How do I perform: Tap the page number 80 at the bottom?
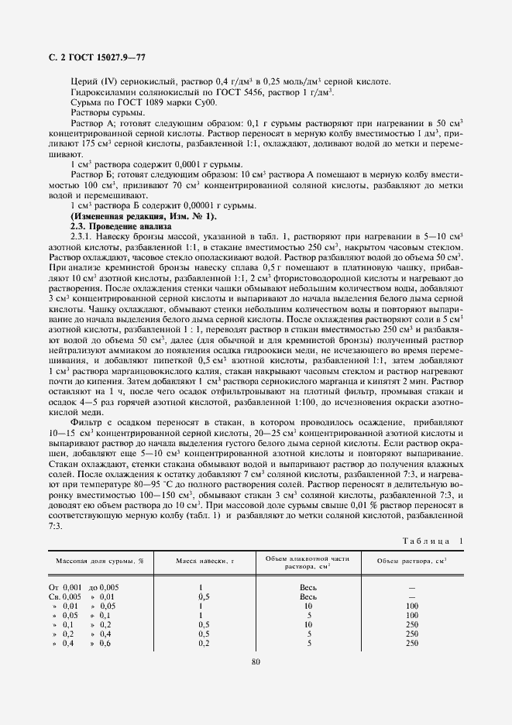[256, 661]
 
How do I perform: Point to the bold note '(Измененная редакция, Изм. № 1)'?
[131, 215]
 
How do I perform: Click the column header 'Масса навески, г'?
[204, 560]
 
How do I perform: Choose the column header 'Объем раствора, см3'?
[412, 561]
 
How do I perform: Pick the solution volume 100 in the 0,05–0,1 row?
[412, 615]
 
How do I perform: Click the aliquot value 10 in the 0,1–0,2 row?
[308, 624]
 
